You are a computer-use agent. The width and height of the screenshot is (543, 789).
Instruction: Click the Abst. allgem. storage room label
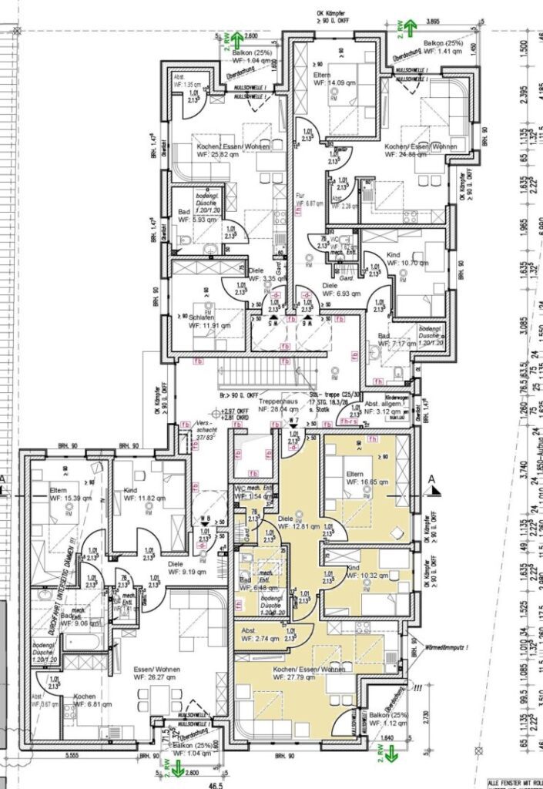[x=385, y=408]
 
